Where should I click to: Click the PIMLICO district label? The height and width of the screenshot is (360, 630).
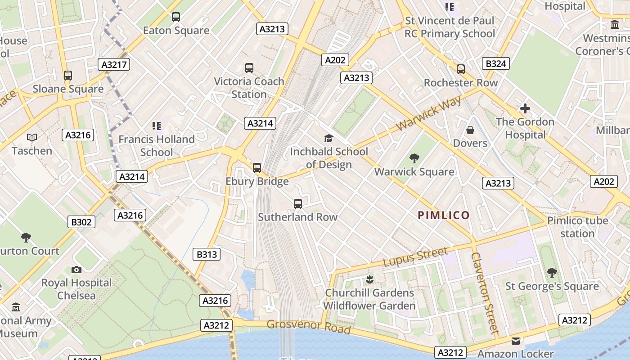(x=444, y=215)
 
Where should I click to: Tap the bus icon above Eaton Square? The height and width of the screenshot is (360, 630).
(x=176, y=17)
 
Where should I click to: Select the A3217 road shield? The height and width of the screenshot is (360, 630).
(x=114, y=64)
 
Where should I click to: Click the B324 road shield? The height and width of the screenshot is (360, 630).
(x=496, y=63)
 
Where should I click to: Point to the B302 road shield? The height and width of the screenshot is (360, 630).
(x=81, y=221)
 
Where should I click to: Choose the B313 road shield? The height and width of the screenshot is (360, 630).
(x=207, y=254)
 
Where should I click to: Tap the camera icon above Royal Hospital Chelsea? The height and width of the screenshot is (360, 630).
(x=76, y=270)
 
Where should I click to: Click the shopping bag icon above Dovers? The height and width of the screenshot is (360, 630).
(x=470, y=130)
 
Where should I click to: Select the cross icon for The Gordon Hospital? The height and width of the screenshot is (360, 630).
(x=525, y=108)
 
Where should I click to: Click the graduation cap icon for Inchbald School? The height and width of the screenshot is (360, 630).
(x=329, y=138)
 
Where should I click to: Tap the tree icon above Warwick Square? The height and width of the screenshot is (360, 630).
(x=414, y=158)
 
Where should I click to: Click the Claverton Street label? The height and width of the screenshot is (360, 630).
(x=485, y=292)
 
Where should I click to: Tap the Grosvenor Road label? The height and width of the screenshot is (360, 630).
(x=309, y=326)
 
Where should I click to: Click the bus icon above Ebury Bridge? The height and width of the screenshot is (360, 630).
(x=257, y=168)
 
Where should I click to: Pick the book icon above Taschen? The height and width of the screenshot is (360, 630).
(x=32, y=137)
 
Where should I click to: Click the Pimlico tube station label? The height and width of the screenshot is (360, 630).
(x=577, y=227)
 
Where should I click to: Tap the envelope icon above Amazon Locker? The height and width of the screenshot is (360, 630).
(x=516, y=341)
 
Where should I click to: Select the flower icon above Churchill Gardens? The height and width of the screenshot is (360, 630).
(x=369, y=279)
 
